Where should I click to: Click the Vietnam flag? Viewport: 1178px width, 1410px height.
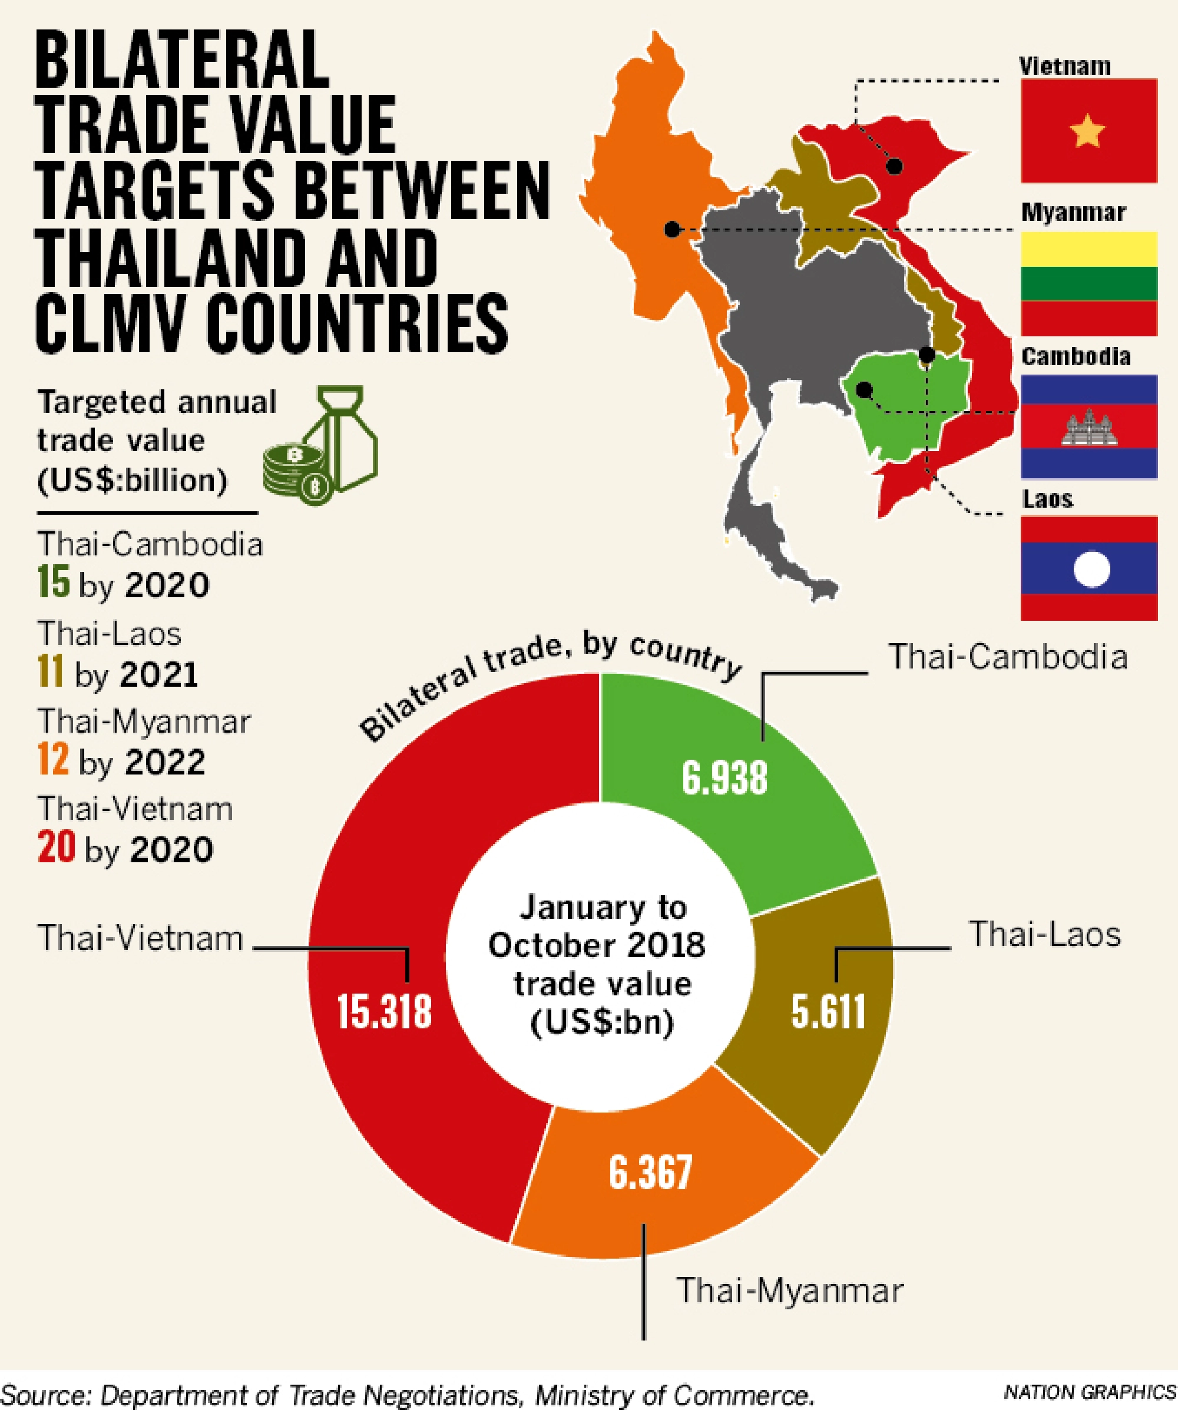pyautogui.click(x=1088, y=130)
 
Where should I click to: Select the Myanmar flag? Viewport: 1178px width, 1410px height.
pyautogui.click(x=1088, y=283)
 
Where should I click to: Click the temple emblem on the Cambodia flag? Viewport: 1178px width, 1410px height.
pyautogui.click(x=1088, y=427)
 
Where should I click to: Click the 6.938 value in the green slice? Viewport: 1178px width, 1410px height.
pyautogui.click(x=724, y=778)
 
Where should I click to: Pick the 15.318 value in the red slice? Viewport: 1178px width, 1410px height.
pyautogui.click(x=384, y=1011)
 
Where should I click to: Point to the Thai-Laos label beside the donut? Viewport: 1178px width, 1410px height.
pyautogui.click(x=1044, y=934)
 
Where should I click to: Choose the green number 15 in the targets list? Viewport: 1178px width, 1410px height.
pyautogui.click(x=54, y=583)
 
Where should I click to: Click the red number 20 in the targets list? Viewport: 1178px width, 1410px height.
pyautogui.click(x=57, y=848)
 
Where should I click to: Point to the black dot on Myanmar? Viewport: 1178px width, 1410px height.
pyautogui.click(x=671, y=230)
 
